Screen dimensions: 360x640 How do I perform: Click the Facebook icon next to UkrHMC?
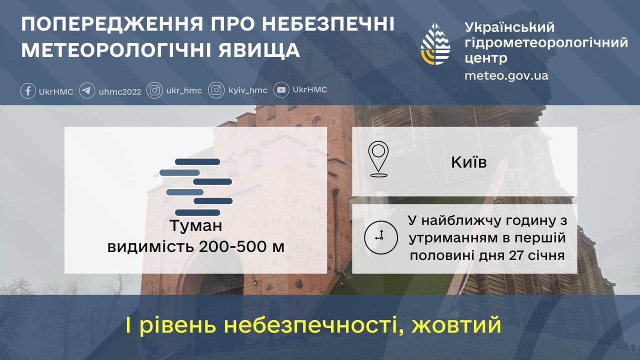28,91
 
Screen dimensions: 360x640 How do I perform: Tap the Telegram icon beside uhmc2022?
87,91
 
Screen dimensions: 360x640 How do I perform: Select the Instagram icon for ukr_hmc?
155,90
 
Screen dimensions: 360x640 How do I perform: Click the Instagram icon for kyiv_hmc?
216,90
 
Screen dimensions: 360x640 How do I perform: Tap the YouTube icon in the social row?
282,90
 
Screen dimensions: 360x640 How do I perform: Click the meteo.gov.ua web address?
506,76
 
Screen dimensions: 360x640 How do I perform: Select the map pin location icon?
378,159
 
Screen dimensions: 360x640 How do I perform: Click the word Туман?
195,226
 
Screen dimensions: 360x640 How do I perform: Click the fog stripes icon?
195,187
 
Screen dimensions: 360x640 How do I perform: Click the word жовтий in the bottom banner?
456,325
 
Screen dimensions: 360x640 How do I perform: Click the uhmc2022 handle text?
120,91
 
